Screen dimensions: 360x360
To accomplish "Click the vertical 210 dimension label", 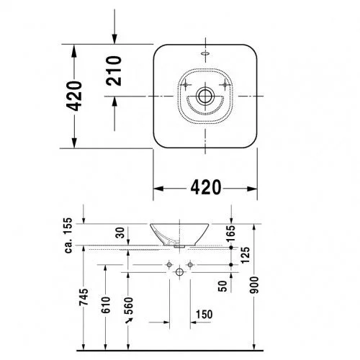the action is coord(114,71).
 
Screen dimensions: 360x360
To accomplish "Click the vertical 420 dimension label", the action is coord(74,96).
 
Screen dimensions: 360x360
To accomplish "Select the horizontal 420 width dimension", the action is coord(206,187).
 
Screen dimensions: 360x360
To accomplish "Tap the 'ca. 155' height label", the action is coord(68,235).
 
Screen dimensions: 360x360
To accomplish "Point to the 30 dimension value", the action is coord(121,233).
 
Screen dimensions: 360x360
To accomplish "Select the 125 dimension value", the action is coord(246,255).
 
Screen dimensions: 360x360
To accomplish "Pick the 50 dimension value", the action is coord(222,286).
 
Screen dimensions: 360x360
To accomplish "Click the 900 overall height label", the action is coord(254,285).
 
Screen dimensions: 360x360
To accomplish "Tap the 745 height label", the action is coord(84,297).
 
